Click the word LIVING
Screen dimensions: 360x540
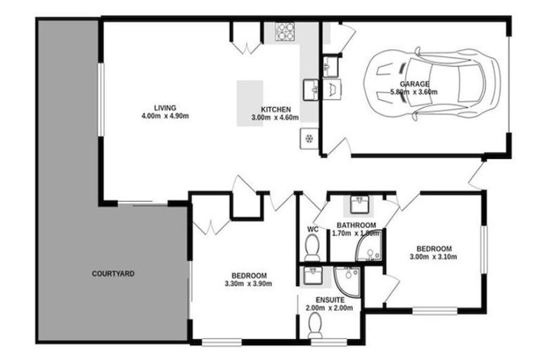[x=165, y=108]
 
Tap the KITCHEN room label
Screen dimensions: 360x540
[x=276, y=110]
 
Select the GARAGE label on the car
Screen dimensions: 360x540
[x=414, y=84]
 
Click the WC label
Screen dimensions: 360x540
[x=313, y=229]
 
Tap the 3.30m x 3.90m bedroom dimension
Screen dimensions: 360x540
[x=248, y=283]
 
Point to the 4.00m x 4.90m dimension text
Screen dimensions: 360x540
[x=165, y=116]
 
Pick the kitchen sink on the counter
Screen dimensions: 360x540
[x=310, y=89]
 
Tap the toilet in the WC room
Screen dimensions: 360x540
[x=313, y=247]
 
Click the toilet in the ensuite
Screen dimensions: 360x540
[x=316, y=326]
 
